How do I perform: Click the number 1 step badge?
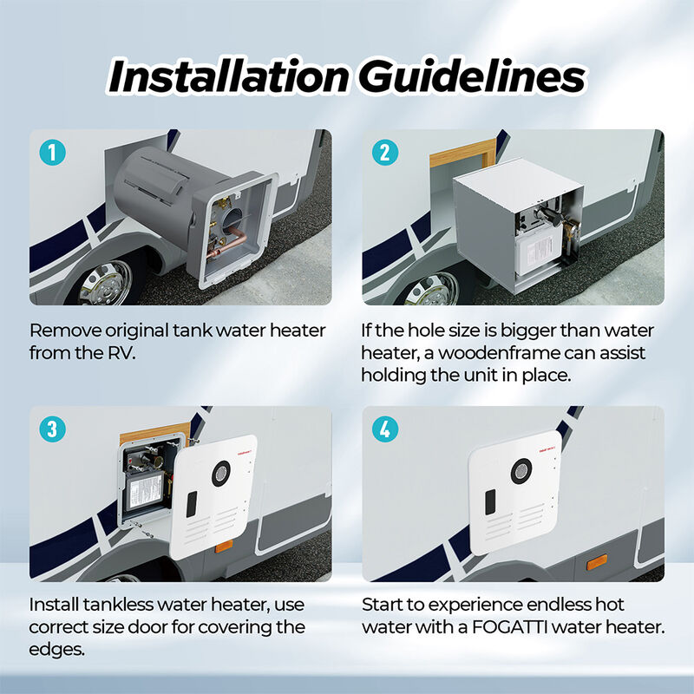tap(54, 154)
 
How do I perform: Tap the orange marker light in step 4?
tap(596, 563)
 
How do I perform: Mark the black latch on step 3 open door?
tap(192, 500)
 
